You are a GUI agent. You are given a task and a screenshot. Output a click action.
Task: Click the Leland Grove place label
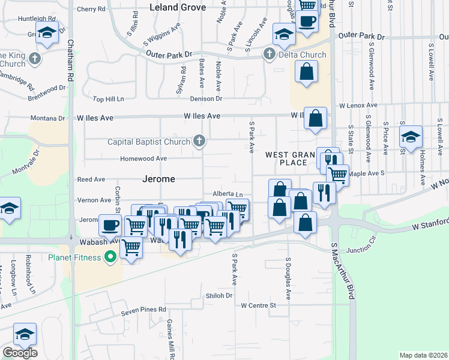coord(178,8)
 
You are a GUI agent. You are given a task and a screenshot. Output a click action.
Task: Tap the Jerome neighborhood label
coord(159,179)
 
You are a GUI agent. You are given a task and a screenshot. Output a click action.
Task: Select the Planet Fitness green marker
coord(110,258)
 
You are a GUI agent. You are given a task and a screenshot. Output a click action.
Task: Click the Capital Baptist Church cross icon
coord(199,142)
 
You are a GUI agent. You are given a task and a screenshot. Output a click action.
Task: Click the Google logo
coord(20,353)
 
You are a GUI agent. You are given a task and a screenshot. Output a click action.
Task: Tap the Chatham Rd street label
coord(70,60)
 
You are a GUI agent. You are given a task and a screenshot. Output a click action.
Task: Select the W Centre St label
coord(258,305)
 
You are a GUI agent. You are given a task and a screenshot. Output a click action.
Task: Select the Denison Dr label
coord(206,98)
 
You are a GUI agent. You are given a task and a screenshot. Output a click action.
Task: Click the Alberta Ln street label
coord(228,194)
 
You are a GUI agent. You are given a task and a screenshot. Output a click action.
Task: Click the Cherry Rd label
coord(91,9)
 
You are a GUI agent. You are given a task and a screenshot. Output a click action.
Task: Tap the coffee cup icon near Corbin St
coord(110,226)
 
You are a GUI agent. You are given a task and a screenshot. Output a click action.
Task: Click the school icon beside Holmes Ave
coord(411,137)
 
